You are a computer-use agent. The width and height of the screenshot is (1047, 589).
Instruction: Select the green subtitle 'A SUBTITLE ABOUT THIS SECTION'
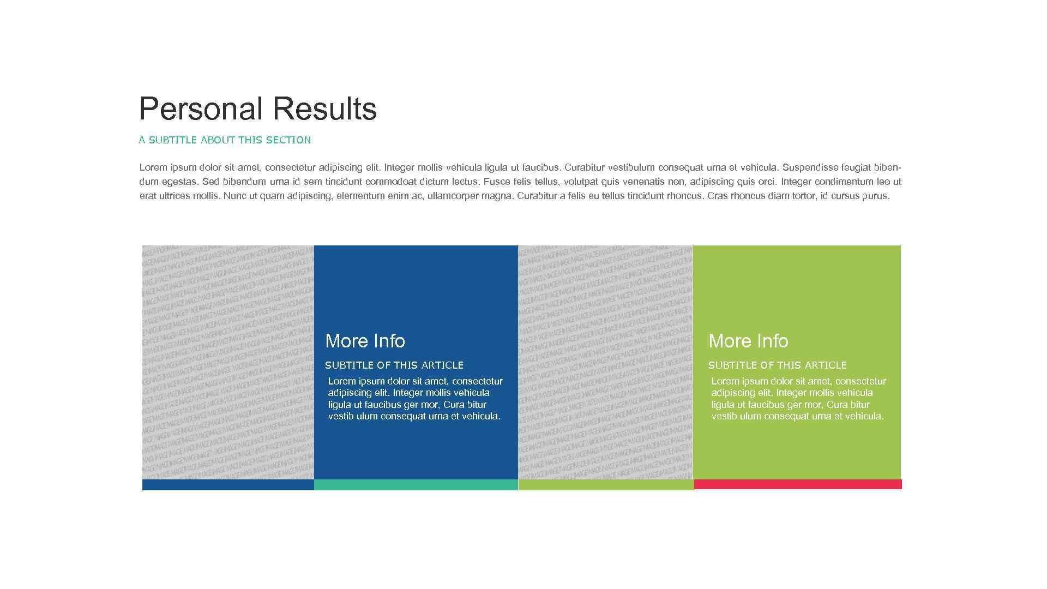225,140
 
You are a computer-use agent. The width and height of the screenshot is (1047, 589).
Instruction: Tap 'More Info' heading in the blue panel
365,341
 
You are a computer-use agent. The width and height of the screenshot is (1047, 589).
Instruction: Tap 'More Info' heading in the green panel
748,341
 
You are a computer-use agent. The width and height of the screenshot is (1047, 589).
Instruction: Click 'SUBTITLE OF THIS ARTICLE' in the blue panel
394,365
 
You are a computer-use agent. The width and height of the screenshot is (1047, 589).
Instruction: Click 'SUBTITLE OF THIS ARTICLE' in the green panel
778,365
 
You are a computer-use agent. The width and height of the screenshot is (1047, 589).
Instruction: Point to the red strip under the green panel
798,484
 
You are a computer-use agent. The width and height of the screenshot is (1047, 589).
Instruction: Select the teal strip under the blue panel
416,485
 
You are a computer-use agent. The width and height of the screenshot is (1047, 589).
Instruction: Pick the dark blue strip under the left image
228,485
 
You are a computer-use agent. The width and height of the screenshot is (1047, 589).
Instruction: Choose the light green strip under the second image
606,485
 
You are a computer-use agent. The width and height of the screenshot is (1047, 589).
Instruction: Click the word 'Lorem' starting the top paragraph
153,167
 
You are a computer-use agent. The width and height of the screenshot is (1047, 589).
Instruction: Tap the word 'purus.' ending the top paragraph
876,196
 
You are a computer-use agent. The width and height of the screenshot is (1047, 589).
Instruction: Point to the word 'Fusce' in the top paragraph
496,182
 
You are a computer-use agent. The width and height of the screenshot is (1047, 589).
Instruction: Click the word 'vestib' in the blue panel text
341,416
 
